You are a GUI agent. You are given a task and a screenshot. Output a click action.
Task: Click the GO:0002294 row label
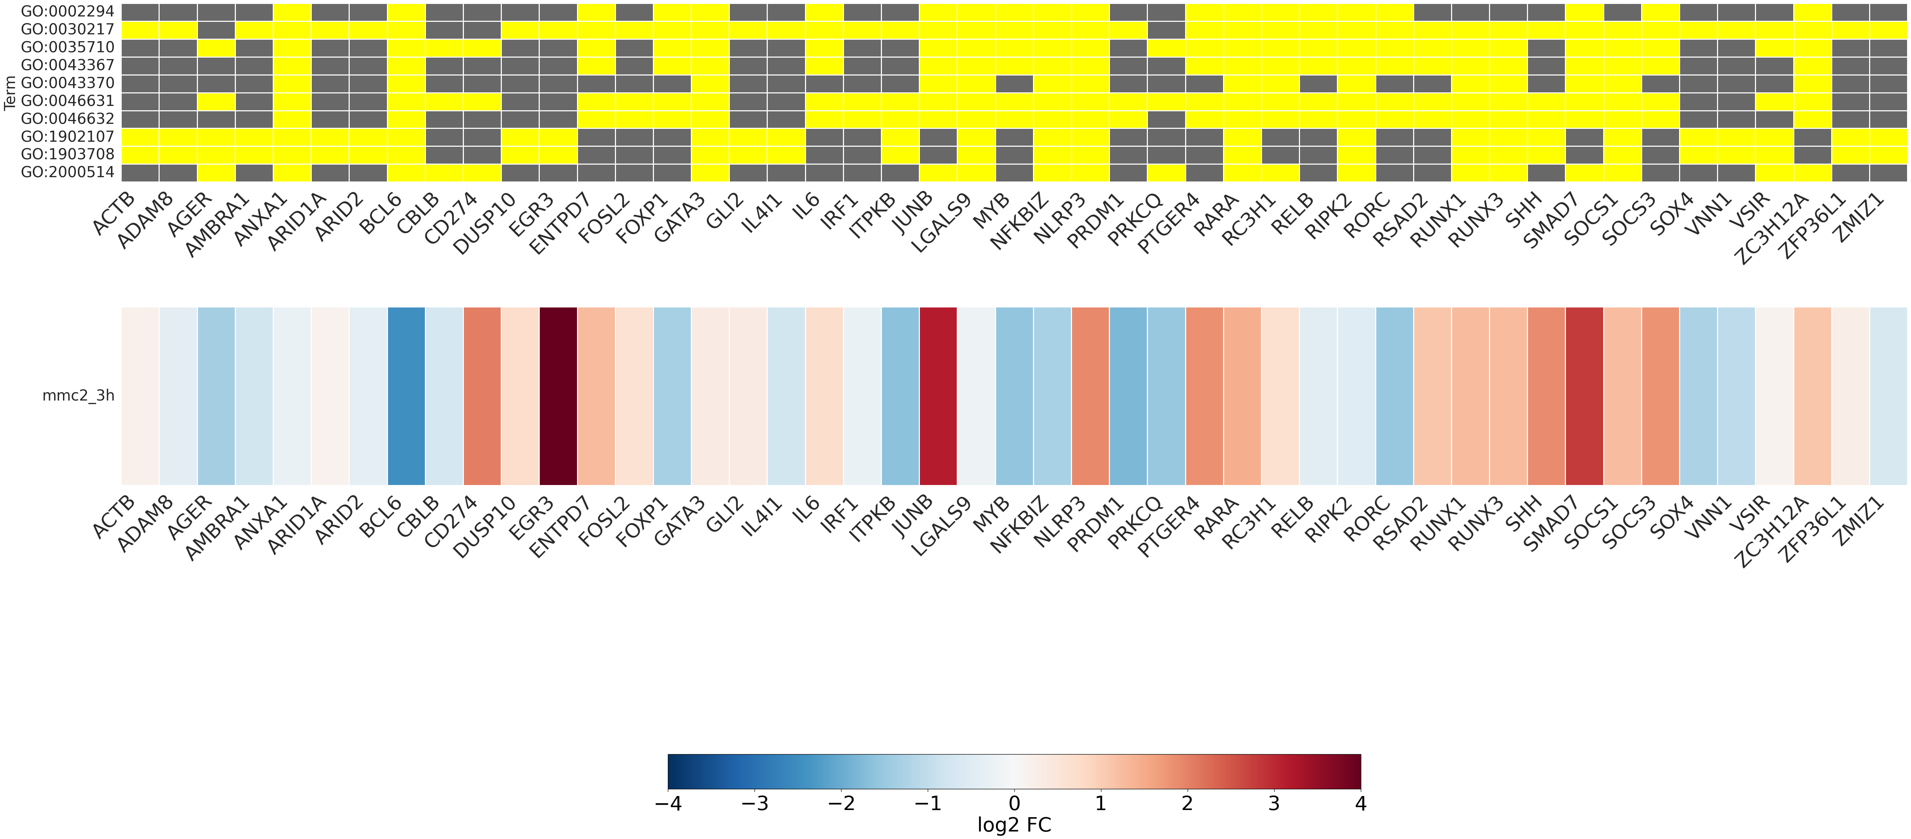(x=68, y=12)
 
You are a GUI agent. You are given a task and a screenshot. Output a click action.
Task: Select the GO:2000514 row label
(x=68, y=172)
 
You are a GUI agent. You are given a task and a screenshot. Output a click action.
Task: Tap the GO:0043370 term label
(x=68, y=83)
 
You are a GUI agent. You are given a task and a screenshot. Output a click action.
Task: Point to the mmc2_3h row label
(x=78, y=396)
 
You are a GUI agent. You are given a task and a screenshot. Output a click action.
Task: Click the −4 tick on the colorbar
(x=668, y=804)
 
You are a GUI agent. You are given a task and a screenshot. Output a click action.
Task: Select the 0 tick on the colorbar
(x=1014, y=804)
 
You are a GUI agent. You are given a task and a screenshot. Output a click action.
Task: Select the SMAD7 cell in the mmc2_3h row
(x=1585, y=396)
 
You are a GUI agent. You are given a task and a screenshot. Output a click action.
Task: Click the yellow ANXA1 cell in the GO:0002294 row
(x=292, y=12)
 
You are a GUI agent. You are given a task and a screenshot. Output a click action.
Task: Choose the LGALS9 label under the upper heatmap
(x=941, y=223)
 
